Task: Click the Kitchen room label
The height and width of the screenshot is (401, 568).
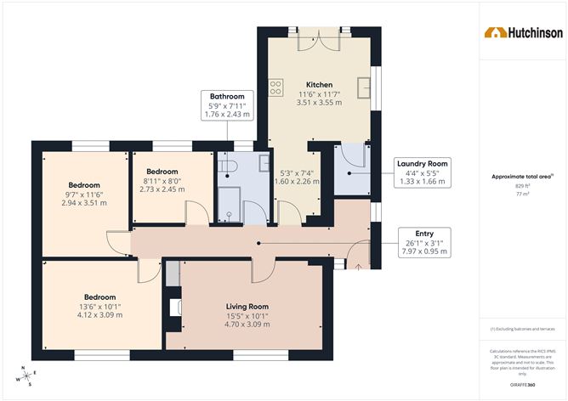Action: (319, 84)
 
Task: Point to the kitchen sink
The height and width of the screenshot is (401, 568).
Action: (364, 85)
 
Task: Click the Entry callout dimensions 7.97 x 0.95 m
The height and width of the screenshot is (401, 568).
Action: (425, 251)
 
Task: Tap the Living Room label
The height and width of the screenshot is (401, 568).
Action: (247, 306)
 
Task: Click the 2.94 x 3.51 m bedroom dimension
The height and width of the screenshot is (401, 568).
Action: (84, 204)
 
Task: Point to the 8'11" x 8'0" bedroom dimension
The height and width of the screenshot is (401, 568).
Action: (161, 179)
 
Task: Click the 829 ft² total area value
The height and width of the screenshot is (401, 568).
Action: (521, 184)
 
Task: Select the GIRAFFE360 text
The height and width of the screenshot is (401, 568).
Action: (522, 385)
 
